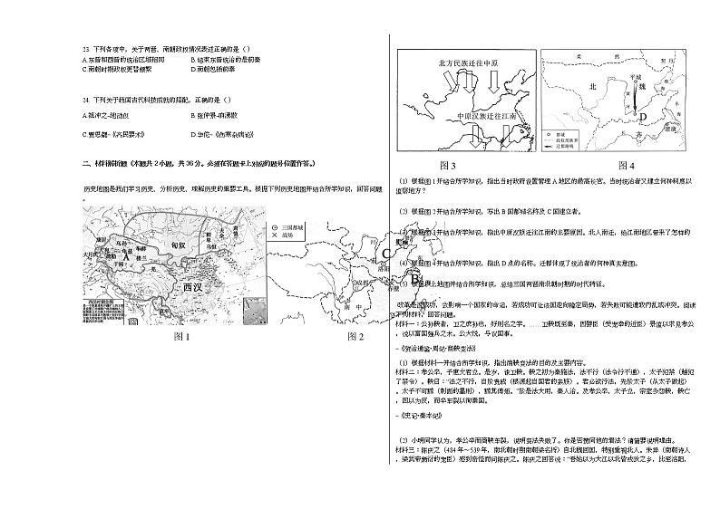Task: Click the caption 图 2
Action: pyautogui.click(x=355, y=337)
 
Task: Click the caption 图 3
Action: pyautogui.click(x=447, y=166)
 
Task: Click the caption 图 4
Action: pyautogui.click(x=627, y=166)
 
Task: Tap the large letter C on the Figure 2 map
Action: pyautogui.click(x=386, y=253)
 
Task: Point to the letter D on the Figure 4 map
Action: pyautogui.click(x=642, y=116)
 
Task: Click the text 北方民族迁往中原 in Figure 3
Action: pyautogui.click(x=463, y=62)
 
